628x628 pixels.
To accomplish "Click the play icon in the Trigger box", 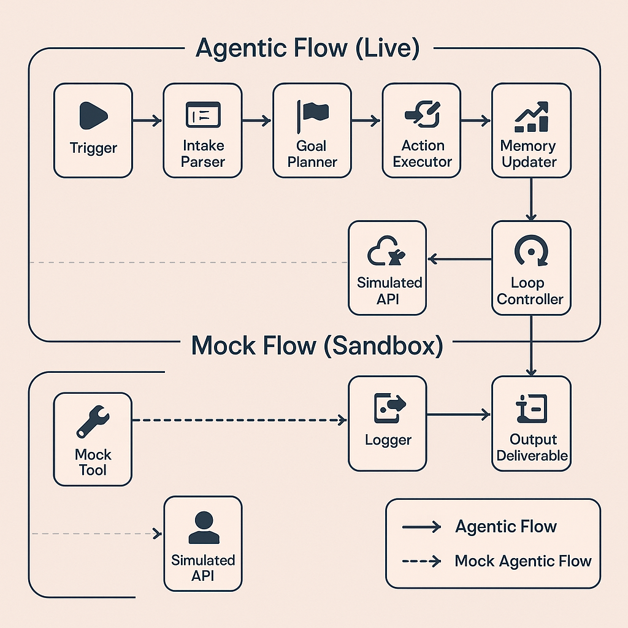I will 93,115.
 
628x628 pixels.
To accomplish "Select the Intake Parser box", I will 203,131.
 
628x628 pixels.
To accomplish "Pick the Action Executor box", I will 422,131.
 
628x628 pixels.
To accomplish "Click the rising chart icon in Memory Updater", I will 531,117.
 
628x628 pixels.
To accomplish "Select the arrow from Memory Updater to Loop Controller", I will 531,199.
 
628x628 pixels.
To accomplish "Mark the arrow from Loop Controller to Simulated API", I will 459,259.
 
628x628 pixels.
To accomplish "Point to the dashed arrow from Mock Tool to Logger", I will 239,420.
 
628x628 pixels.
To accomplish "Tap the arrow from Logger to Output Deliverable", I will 459,415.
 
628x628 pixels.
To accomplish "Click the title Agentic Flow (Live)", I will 307,49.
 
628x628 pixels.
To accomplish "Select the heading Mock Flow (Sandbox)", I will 317,346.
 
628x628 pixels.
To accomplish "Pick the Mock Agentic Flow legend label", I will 523,561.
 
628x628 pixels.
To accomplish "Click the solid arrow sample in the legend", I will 421,527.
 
